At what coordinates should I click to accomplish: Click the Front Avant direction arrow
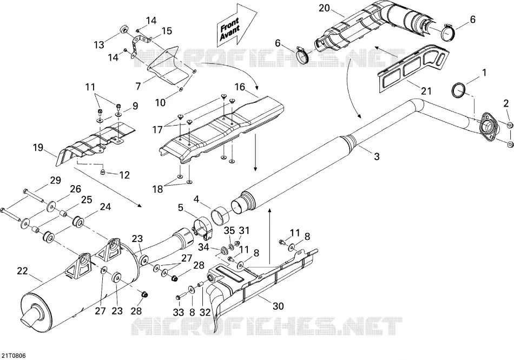coord(235,26)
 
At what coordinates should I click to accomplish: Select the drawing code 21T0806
coord(14,356)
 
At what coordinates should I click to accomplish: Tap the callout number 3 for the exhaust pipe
coord(377,156)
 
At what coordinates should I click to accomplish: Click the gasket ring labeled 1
coord(459,90)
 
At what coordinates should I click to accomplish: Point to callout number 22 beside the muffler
coord(23,271)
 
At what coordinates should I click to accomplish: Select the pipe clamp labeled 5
coord(202,226)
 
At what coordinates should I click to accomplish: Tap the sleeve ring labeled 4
coord(220,215)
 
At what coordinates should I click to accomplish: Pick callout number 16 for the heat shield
coord(240,87)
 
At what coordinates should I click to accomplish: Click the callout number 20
coord(324,8)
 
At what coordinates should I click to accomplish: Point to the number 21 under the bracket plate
coord(426,91)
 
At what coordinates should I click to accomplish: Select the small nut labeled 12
coord(103,172)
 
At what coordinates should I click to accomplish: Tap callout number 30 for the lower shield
coord(278,306)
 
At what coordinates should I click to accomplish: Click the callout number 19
coord(38,148)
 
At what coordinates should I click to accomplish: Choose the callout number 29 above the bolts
coord(55,180)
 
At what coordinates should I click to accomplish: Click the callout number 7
coord(138,86)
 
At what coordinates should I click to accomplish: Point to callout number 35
coord(229,231)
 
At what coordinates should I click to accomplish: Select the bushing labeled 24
coord(78,221)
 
